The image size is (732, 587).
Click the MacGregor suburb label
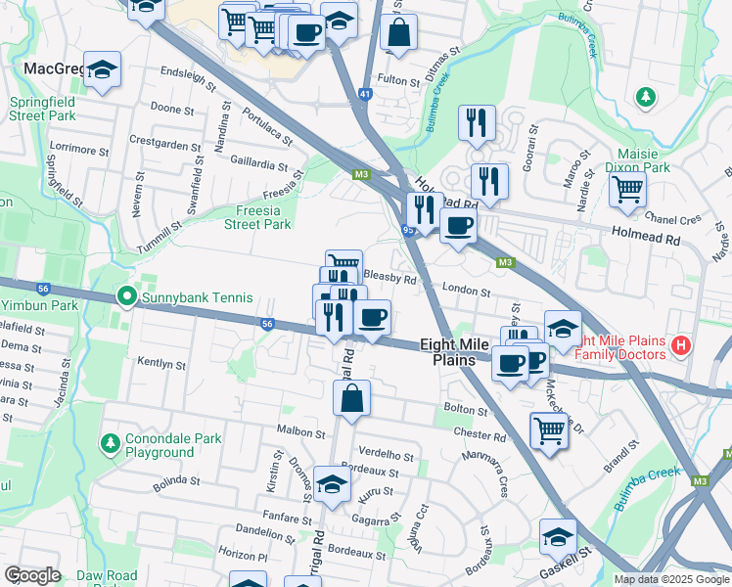tap(49, 68)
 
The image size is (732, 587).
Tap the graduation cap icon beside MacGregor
tap(102, 70)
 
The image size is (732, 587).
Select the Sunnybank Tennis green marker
tap(126, 296)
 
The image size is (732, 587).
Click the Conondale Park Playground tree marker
tap(110, 444)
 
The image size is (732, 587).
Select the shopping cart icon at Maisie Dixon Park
tap(627, 188)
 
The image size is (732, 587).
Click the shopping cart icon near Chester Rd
tap(549, 429)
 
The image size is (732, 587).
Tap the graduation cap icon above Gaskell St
tap(558, 536)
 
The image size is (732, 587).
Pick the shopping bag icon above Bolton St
tap(352, 398)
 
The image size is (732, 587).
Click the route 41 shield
tap(365, 94)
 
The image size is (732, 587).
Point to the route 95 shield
tap(408, 230)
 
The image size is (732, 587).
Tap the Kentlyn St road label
tap(161, 364)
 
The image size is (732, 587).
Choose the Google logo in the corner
tap(32, 575)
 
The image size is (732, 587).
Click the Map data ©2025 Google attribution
tap(671, 579)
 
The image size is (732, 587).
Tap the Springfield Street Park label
tap(42, 109)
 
